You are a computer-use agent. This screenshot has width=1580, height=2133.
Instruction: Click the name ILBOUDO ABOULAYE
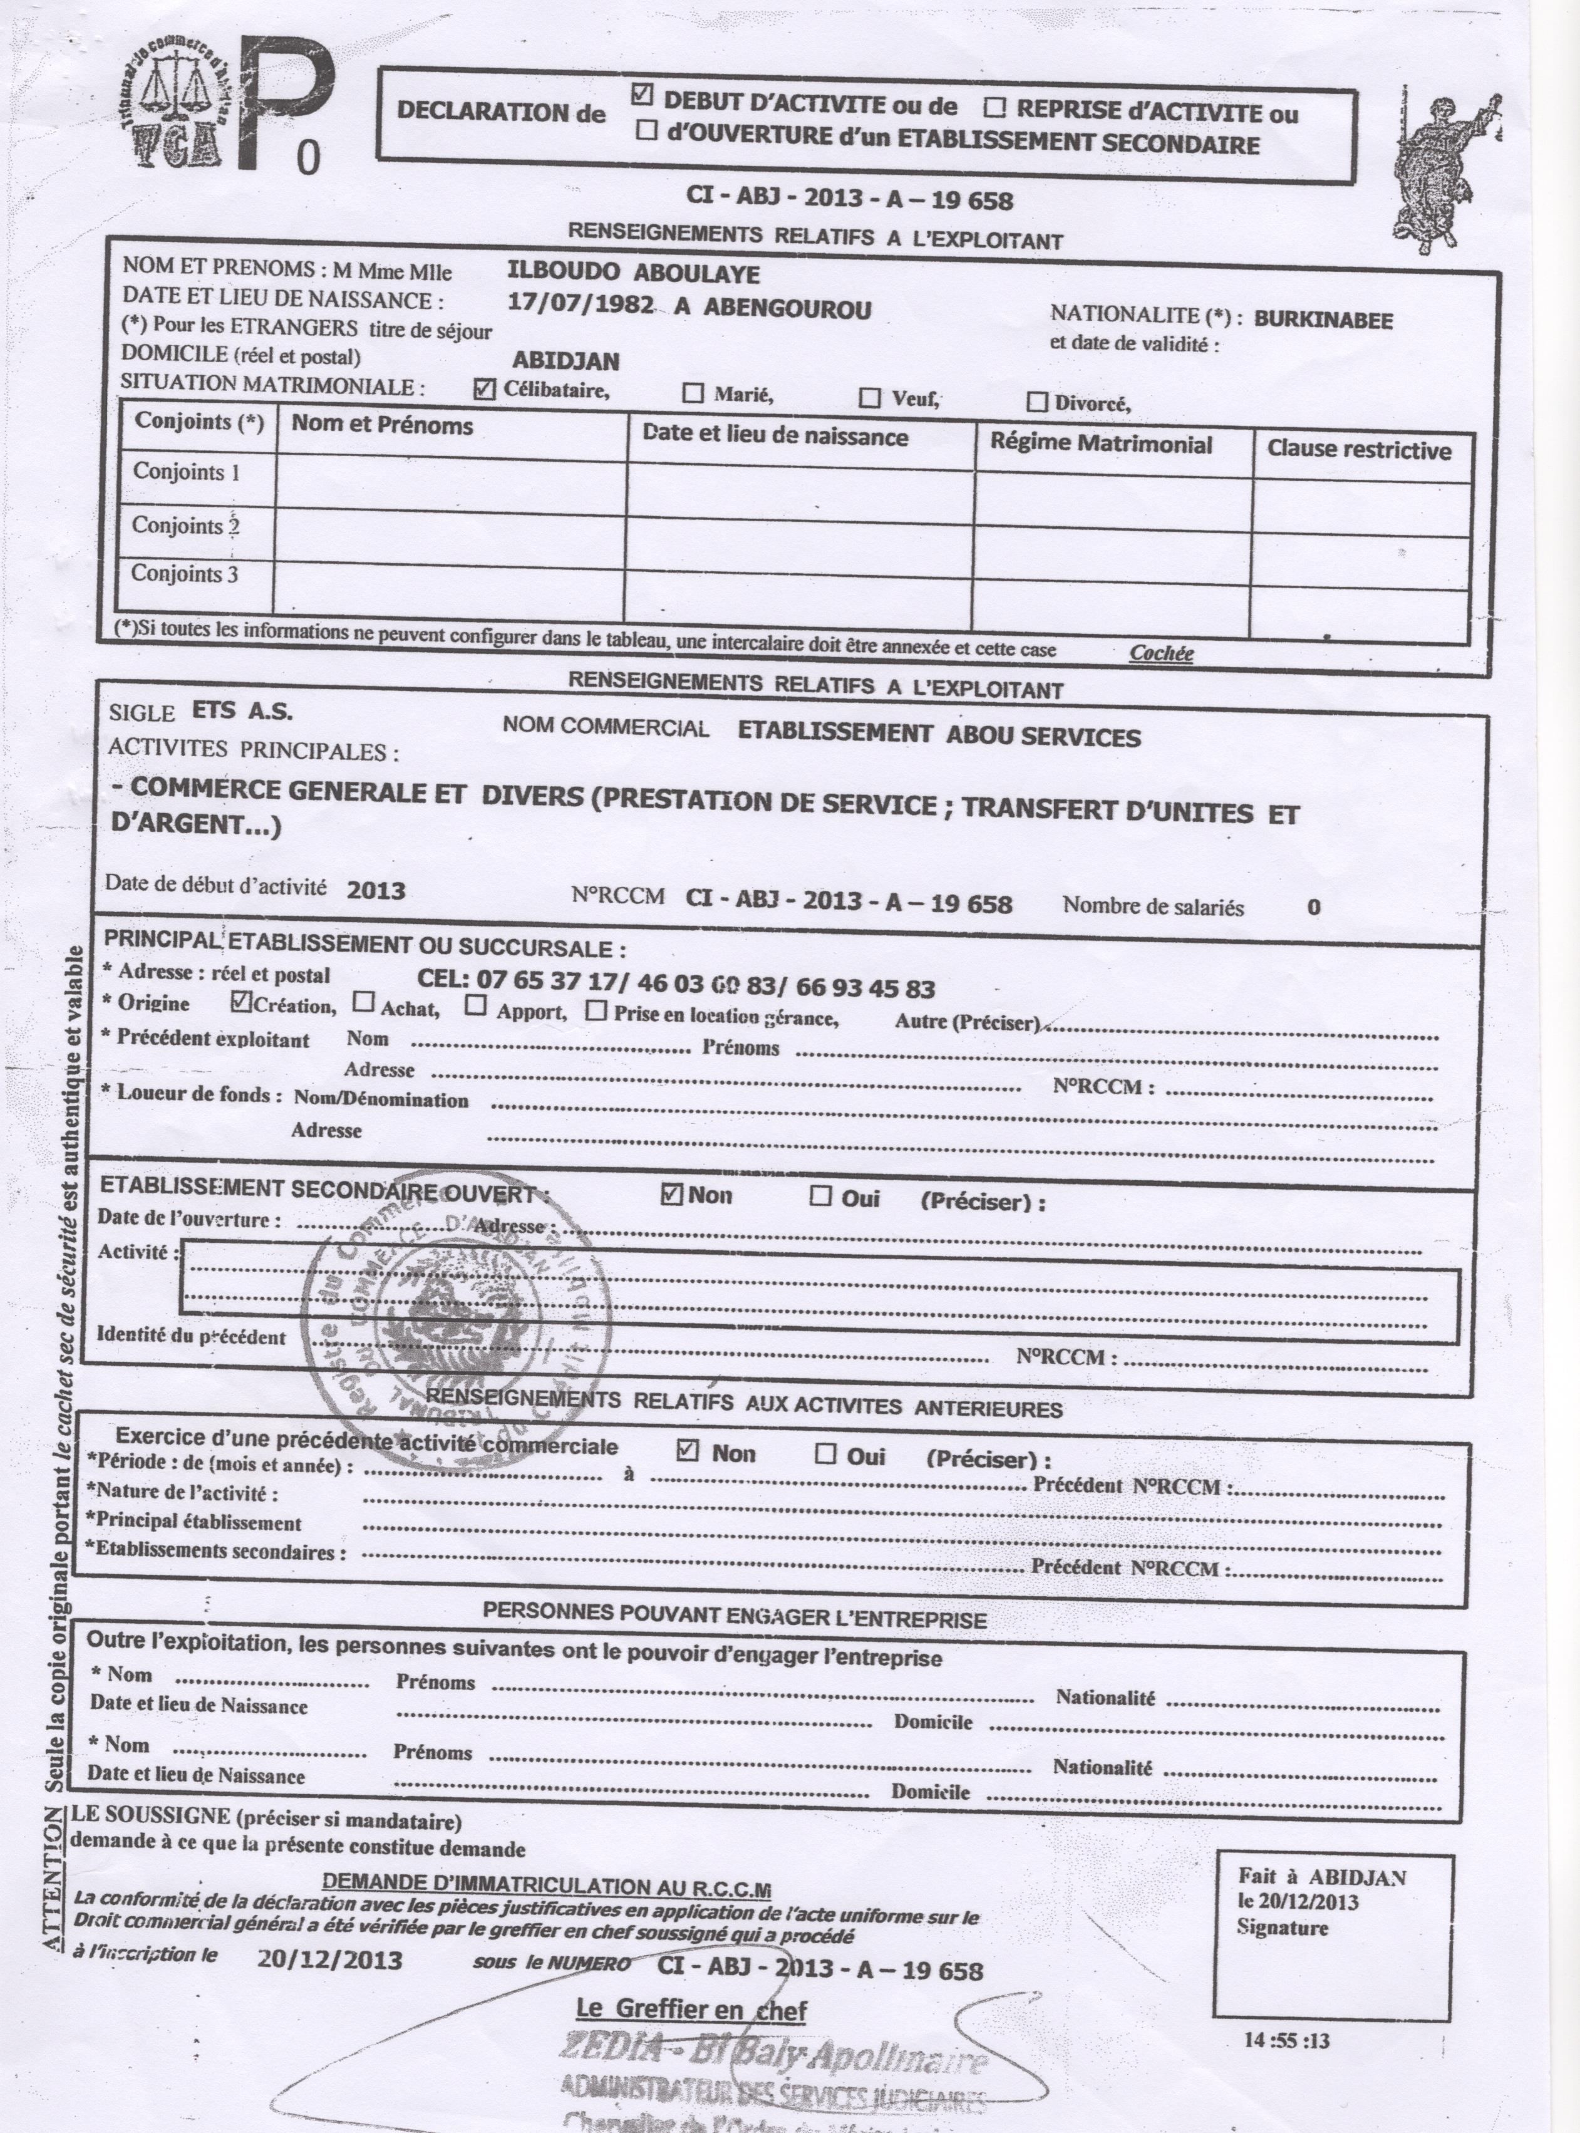pyautogui.click(x=633, y=274)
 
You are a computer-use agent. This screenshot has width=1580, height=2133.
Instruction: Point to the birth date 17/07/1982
pyautogui.click(x=581, y=305)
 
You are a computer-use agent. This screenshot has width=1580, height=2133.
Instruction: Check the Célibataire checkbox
pyautogui.click(x=485, y=388)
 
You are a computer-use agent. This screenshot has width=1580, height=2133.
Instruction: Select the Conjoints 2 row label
pyautogui.click(x=185, y=525)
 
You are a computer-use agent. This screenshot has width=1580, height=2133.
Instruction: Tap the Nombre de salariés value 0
pyautogui.click(x=1313, y=907)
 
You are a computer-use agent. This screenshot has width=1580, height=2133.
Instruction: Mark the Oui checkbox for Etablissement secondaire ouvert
pyautogui.click(x=820, y=1196)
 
